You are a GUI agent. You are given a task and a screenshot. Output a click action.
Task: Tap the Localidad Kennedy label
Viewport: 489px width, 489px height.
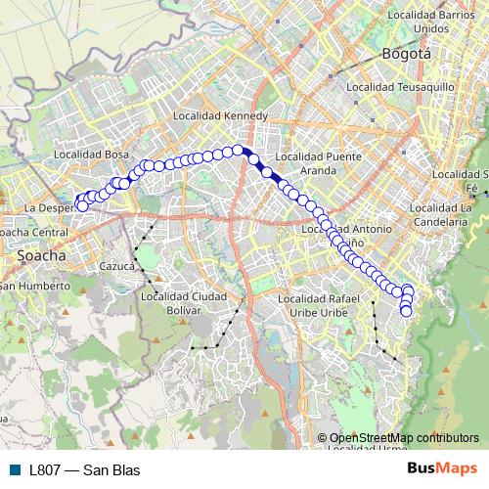pyautogui.click(x=219, y=115)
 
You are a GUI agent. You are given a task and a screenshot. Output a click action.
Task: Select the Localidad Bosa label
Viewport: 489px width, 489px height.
pyautogui.click(x=92, y=154)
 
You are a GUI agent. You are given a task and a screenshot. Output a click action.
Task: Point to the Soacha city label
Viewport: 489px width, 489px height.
pyautogui.click(x=42, y=255)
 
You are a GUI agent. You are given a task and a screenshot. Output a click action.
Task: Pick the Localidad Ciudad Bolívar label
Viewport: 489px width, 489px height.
pyautogui.click(x=184, y=303)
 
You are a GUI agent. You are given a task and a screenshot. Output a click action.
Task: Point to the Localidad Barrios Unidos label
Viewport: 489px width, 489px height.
pyautogui.click(x=431, y=22)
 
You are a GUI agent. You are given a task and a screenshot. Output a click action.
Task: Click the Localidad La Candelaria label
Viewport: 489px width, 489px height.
pyautogui.click(x=444, y=214)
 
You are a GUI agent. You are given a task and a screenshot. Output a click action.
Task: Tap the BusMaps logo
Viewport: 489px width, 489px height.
pyautogui.click(x=442, y=468)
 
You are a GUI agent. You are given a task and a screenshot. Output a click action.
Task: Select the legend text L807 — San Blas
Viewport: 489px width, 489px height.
pyautogui.click(x=85, y=469)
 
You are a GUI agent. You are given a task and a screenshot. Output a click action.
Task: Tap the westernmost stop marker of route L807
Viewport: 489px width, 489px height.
pyautogui.click(x=82, y=205)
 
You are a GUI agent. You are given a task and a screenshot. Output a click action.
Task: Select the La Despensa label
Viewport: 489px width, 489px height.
pyautogui.click(x=49, y=208)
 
